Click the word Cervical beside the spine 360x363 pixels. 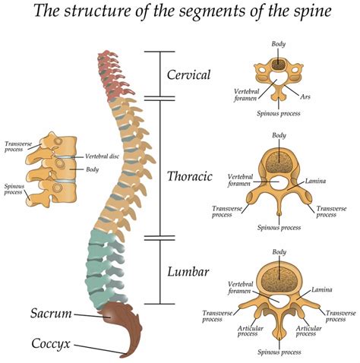189,75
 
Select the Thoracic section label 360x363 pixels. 189,176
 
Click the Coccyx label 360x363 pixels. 52,344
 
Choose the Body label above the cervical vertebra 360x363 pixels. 279,45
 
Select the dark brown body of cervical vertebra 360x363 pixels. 279,65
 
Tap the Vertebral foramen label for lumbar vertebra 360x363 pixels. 241,286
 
